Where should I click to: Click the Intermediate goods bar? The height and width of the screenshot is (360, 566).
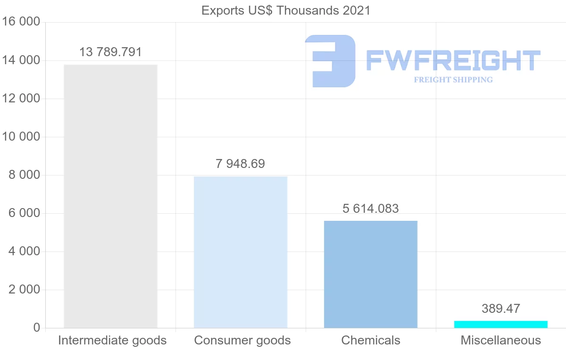tap(110, 196)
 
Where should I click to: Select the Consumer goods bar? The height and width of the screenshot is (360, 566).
tap(241, 252)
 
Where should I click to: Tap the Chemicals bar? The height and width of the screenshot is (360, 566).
tap(371, 274)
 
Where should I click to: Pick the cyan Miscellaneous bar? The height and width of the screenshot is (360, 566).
tap(501, 324)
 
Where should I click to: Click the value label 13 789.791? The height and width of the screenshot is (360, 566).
tap(110, 52)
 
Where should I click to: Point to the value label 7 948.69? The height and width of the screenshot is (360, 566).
tap(241, 164)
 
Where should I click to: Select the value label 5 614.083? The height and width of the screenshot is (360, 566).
tap(371, 209)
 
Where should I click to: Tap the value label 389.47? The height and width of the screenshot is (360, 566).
tap(501, 309)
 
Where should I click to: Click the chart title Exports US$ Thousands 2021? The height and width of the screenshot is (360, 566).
tap(286, 10)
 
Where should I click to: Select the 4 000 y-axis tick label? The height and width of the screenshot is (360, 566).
tap(24, 251)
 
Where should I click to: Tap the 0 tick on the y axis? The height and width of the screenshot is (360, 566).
tap(36, 328)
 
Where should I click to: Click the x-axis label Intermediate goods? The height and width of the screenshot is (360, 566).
tap(112, 341)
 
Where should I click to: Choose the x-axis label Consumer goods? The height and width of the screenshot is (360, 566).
tap(242, 341)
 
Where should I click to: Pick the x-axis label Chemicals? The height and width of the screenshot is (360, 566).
tap(371, 341)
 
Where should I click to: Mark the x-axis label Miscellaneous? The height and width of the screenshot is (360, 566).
tap(501, 341)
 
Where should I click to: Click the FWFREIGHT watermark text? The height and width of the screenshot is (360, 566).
tap(453, 61)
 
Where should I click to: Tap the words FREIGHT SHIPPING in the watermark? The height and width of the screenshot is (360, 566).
tap(453, 80)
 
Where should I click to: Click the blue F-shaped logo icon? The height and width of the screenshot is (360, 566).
tap(330, 61)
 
